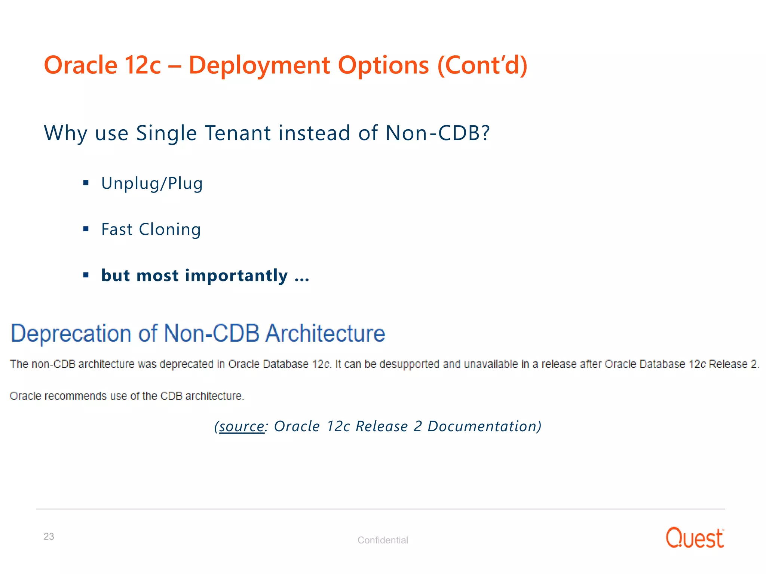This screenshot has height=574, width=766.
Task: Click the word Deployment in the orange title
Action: click(x=259, y=65)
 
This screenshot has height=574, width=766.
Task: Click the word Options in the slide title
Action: click(x=383, y=65)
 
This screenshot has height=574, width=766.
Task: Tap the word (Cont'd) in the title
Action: click(x=482, y=65)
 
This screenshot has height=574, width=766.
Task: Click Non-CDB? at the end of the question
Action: click(x=437, y=133)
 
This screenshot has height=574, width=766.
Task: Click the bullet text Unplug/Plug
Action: click(x=152, y=183)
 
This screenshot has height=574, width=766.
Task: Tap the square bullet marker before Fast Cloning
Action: click(x=86, y=229)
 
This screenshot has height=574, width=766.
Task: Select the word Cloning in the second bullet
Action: click(x=170, y=229)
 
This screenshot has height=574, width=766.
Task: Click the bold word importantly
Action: click(x=236, y=276)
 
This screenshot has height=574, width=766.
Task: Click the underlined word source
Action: click(x=242, y=426)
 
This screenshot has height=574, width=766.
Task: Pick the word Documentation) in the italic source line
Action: click(x=484, y=426)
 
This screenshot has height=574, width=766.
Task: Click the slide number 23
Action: click(x=49, y=537)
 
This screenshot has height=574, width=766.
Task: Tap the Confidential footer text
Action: click(x=383, y=540)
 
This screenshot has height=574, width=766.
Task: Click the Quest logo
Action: click(x=695, y=538)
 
